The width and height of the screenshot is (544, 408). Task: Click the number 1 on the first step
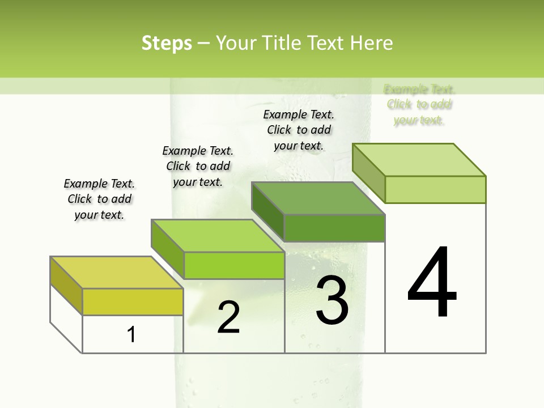[131, 334]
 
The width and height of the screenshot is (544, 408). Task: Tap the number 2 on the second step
[228, 317]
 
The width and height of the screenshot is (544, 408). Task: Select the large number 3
[332, 300]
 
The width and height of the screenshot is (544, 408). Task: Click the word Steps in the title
[167, 43]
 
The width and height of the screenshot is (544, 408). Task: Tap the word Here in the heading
[372, 43]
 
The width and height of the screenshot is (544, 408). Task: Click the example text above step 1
[99, 199]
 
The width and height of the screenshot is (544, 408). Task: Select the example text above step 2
[198, 166]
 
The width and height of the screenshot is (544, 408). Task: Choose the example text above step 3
[299, 130]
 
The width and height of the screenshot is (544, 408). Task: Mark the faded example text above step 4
[419, 104]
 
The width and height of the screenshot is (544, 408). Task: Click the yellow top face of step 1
[116, 272]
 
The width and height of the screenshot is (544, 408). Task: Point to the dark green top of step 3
[318, 198]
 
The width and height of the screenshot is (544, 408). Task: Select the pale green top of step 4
[419, 159]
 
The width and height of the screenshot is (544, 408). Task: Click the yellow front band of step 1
[133, 301]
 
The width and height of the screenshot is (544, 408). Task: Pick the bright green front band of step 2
[234, 265]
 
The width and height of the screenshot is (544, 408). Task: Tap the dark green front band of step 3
[334, 228]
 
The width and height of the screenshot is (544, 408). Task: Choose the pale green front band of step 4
[435, 189]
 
